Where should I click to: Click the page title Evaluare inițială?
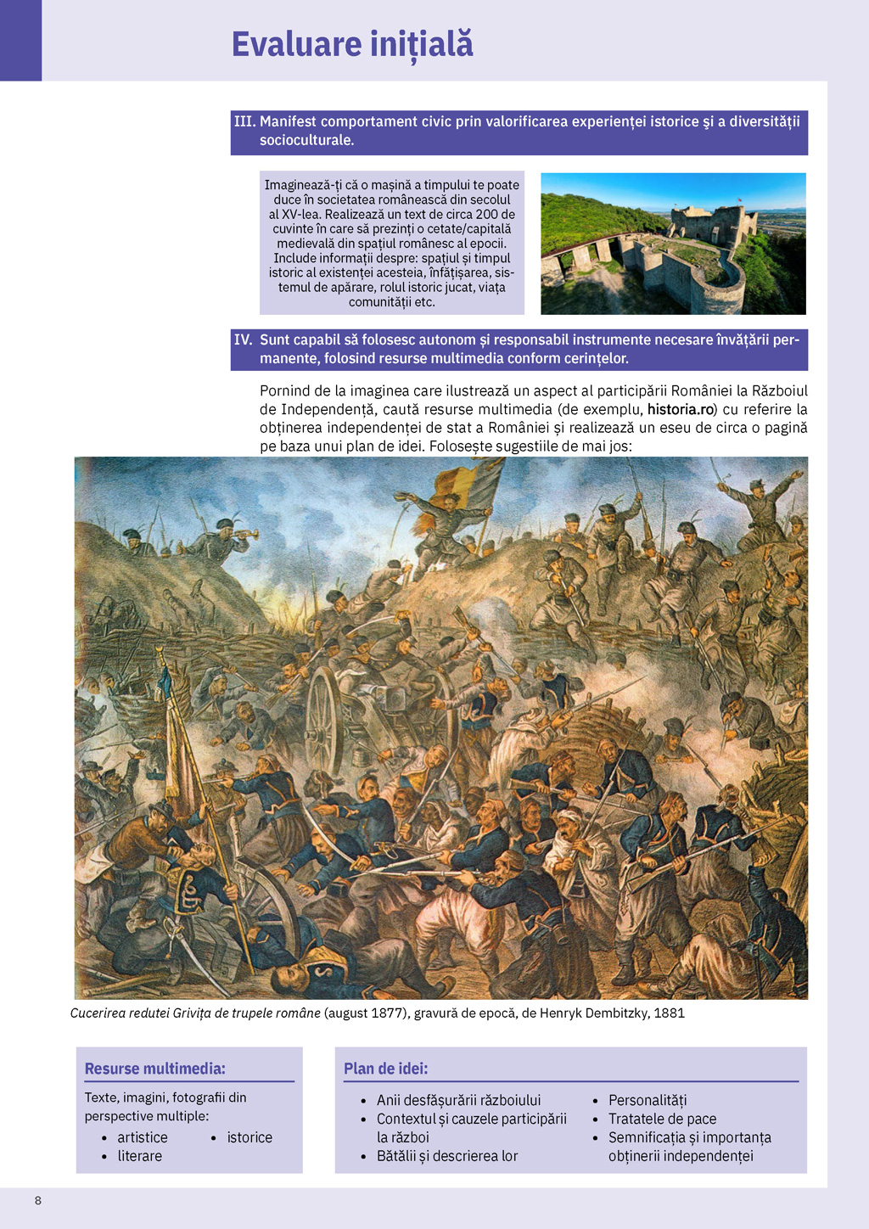coord(352,44)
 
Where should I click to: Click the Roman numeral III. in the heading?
coord(244,121)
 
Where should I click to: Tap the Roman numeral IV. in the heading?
coord(244,340)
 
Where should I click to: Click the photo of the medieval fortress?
coord(673,244)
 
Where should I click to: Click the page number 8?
coord(37,1200)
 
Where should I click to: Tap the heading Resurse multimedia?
coord(154,1069)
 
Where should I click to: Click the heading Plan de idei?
coord(385,1069)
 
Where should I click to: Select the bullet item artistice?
coord(143,1137)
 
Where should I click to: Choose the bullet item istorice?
coord(249,1137)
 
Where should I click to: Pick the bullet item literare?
coord(140,1156)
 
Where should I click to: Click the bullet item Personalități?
coord(648,1100)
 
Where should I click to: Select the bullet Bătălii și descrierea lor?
coord(447,1156)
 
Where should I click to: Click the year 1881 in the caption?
coord(669,1013)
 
